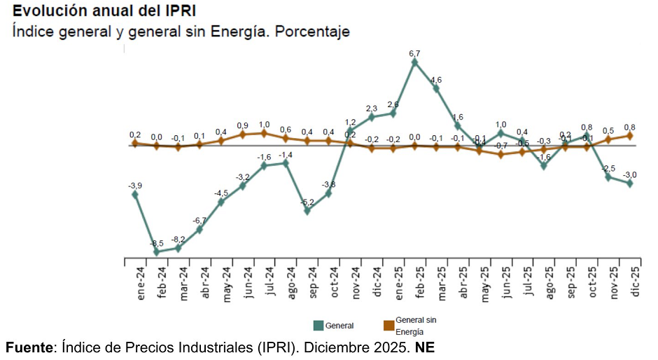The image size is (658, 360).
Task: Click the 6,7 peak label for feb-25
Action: (x=414, y=53)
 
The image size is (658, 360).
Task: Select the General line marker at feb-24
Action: (x=156, y=251)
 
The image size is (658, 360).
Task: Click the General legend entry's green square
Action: (x=318, y=325)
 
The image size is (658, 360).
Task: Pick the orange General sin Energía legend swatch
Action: (x=388, y=325)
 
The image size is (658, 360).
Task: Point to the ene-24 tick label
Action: (x=141, y=284)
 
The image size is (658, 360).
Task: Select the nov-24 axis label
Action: (x=356, y=284)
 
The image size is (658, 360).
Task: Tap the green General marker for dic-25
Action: (x=630, y=184)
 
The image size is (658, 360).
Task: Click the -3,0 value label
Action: (x=630, y=174)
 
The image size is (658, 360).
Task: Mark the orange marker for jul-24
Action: (x=264, y=133)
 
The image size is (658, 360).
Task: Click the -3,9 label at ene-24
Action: (x=135, y=186)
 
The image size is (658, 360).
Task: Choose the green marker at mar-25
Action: (x=436, y=89)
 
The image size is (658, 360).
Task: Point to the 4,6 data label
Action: (x=436, y=80)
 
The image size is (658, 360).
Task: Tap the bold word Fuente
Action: (x=29, y=347)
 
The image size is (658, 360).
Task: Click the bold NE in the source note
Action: (x=424, y=347)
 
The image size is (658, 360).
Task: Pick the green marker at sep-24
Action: (x=307, y=210)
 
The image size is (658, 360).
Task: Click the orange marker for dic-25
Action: (x=630, y=136)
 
